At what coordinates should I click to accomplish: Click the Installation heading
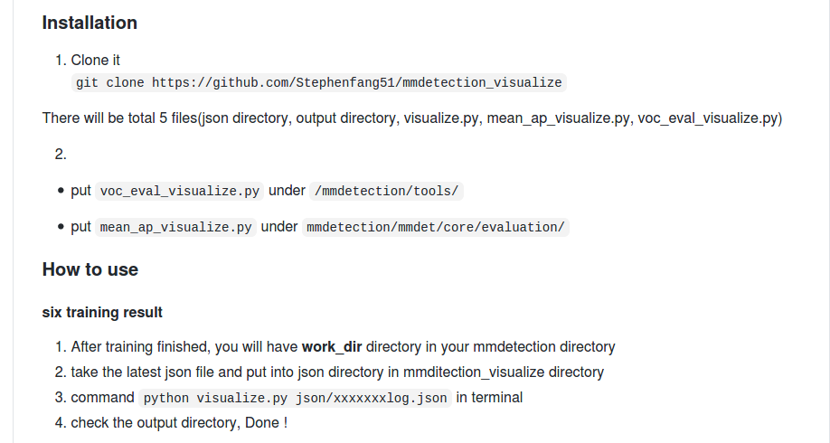[x=90, y=23]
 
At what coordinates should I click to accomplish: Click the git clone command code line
[x=319, y=82]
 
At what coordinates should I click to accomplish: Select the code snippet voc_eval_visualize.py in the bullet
[x=180, y=191]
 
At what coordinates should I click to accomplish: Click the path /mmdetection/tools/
[x=388, y=191]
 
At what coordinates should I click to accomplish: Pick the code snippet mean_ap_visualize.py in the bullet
[x=176, y=227]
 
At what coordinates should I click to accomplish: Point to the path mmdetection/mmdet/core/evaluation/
[x=436, y=227]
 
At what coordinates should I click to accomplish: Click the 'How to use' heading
[x=90, y=269]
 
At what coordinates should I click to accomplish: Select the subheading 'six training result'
[x=102, y=313]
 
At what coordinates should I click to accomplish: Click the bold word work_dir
[x=332, y=347]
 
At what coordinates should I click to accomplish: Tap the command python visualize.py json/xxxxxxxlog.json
[x=296, y=398]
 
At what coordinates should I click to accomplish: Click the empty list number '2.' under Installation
[x=61, y=155]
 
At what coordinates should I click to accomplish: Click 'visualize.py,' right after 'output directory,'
[x=442, y=118]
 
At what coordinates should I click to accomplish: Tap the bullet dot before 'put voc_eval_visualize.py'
[x=61, y=191]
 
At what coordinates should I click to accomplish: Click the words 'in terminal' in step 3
[x=489, y=398]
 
